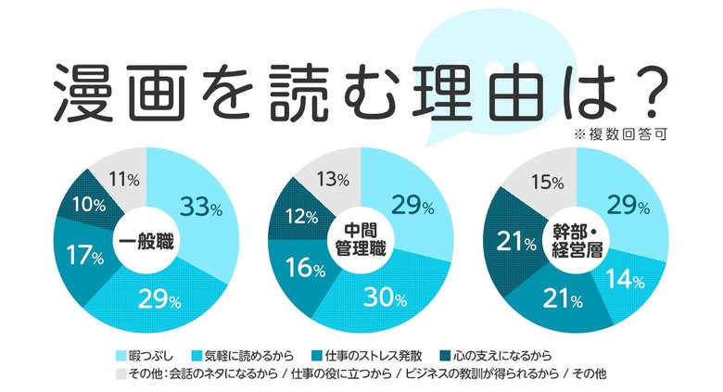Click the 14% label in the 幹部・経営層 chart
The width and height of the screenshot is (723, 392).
[x=630, y=277]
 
